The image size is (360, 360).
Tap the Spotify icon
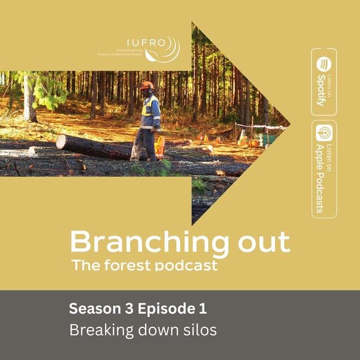pos(324,62)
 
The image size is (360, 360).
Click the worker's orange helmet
pos(147,85)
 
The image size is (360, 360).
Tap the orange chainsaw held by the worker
pos(160,147)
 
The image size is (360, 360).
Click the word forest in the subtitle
pos(128,265)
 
